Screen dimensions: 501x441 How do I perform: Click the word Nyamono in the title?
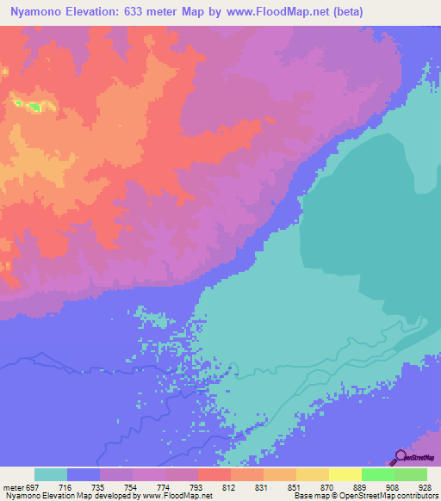[37, 12]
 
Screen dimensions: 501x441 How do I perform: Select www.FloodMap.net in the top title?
[274, 12]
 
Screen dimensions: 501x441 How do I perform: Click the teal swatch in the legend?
[51, 475]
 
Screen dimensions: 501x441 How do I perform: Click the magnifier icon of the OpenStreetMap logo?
[399, 457]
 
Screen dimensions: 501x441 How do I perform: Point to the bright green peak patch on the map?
[34, 107]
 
